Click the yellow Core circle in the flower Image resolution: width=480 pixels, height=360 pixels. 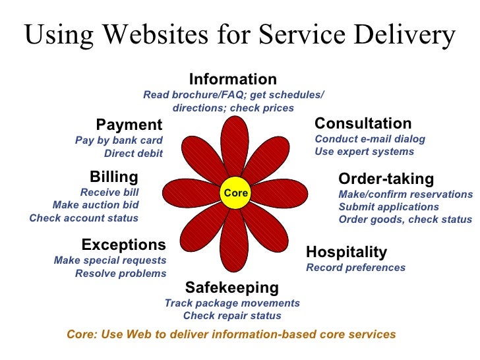point(235,193)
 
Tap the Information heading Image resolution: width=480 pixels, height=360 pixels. point(233,80)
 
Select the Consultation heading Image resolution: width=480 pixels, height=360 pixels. point(363,123)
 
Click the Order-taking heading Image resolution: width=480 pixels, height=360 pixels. point(386,179)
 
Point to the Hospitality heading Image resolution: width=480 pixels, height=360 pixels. point(346,252)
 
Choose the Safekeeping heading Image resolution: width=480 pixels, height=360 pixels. point(231,287)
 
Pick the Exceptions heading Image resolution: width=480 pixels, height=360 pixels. point(123,245)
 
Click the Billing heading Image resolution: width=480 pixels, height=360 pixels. point(114,177)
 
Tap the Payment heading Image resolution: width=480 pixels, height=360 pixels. point(129,125)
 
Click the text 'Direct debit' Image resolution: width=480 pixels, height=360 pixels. point(133,154)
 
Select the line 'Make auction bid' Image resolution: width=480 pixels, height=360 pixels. point(96,205)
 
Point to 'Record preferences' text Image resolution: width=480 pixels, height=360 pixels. point(355,268)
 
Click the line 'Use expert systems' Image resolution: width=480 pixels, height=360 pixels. point(364,152)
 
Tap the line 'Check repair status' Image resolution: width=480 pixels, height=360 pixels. point(232,316)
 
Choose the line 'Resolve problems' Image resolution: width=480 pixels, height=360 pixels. point(121,273)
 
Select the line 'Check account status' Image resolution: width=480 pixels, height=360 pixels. point(84,218)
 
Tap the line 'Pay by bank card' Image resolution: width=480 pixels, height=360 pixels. point(119,140)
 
